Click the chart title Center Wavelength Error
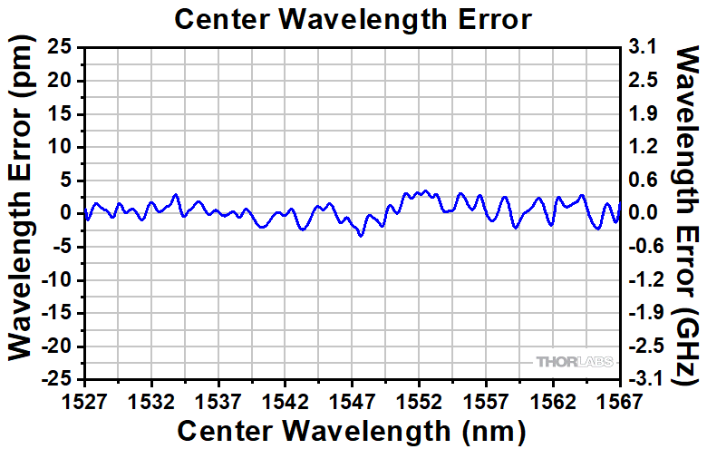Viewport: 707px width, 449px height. pos(353,19)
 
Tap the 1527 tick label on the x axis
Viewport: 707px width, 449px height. pos(86,398)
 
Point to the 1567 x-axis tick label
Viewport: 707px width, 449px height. pos(620,398)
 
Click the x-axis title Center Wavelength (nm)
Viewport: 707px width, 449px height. pos(353,428)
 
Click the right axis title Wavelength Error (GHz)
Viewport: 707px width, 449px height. pos(686,213)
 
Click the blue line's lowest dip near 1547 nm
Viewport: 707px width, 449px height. pos(361,236)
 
